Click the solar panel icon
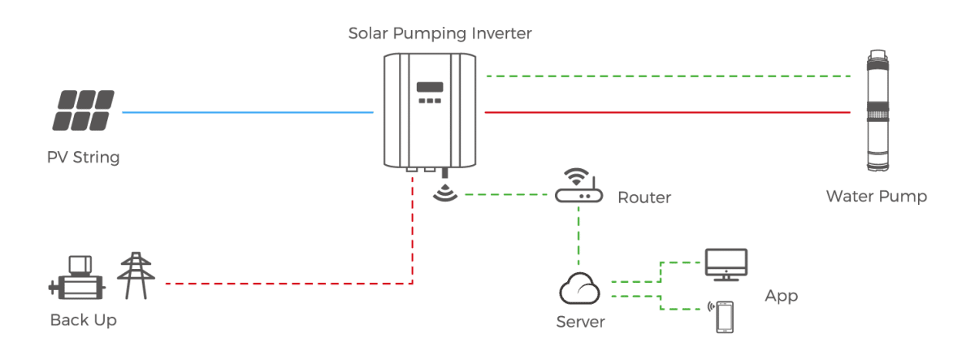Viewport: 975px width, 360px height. click(84, 111)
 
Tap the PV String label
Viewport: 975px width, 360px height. click(83, 158)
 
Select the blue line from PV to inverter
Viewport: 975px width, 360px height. click(247, 112)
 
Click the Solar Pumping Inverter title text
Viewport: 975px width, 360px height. click(440, 34)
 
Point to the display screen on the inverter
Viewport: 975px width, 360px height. click(429, 86)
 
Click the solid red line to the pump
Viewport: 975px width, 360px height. click(666, 112)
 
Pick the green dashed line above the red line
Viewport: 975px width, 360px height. click(666, 76)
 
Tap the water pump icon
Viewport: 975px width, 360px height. click(877, 111)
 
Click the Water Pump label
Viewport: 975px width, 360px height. click(876, 197)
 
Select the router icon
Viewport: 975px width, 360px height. click(578, 189)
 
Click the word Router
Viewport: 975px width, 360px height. click(644, 197)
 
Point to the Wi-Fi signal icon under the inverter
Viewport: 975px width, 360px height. click(444, 194)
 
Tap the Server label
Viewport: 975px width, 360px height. click(580, 322)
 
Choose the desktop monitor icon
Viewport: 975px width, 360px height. click(726, 263)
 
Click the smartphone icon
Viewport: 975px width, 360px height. click(723, 316)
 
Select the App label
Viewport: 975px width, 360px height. click(781, 296)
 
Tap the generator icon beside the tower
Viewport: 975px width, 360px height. click(79, 278)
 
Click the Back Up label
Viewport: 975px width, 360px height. click(83, 320)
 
